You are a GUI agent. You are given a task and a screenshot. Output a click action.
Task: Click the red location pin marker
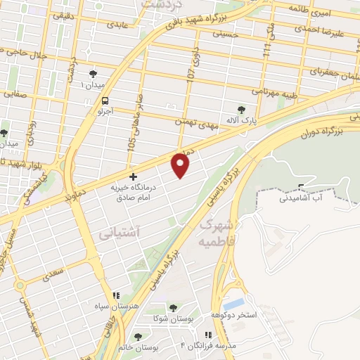coord(181,165)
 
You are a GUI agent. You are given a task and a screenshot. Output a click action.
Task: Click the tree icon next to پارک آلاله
coord(242,110)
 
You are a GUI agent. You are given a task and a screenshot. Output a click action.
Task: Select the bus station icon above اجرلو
coord(105,101)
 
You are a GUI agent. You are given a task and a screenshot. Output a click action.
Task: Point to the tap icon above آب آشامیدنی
coord(302,187)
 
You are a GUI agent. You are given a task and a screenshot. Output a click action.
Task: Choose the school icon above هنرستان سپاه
coord(116,295)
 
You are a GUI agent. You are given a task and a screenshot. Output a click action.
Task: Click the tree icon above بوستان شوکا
coord(173,308)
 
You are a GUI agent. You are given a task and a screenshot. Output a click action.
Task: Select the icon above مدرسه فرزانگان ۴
coord(208,335)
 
